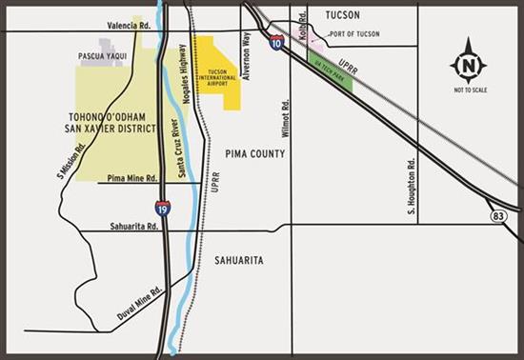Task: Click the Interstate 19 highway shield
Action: (x=163, y=207)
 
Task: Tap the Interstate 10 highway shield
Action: (x=276, y=43)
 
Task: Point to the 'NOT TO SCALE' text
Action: (x=469, y=90)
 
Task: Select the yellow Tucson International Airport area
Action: (x=217, y=69)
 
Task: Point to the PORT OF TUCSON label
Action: (x=353, y=34)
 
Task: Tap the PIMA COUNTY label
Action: (x=256, y=152)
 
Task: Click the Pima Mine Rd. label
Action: (x=132, y=177)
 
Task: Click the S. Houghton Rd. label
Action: (x=411, y=186)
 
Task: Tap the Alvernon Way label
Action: (x=246, y=55)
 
